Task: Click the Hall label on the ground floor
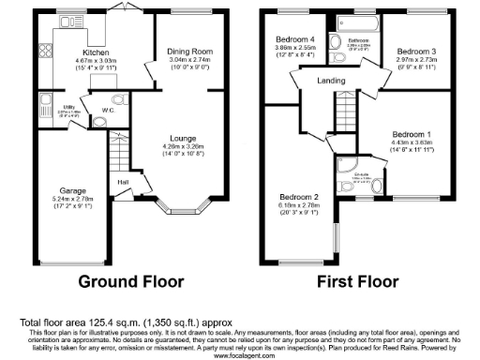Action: [123, 182]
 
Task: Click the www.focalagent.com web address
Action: [239, 355]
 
